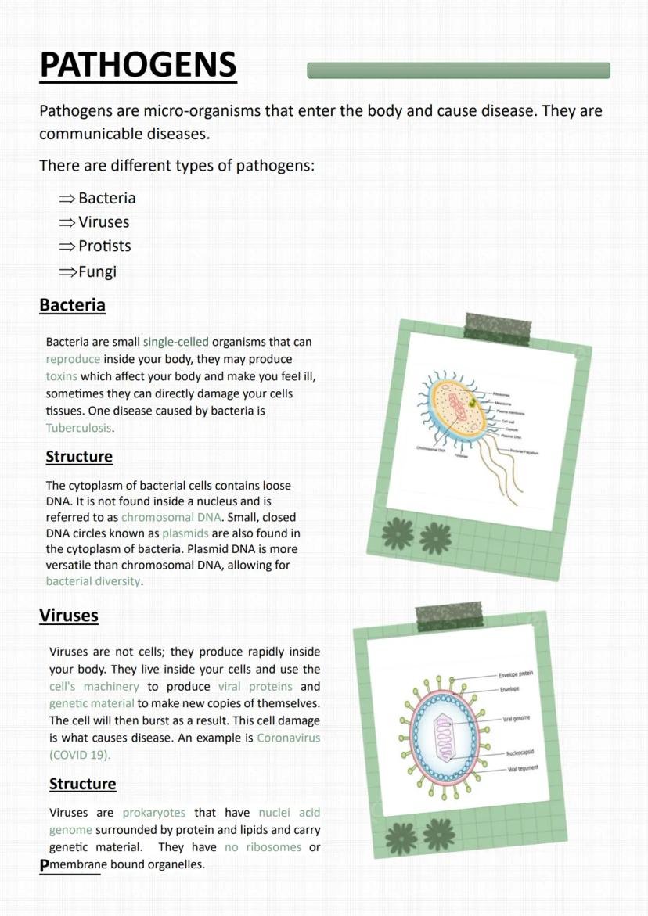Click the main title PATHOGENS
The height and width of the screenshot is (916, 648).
pos(138,65)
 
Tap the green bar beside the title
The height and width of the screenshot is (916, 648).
pos(458,70)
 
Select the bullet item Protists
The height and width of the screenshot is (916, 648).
pos(104,246)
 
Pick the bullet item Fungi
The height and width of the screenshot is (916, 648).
pos(97,271)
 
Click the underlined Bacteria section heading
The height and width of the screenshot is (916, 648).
pos(72,305)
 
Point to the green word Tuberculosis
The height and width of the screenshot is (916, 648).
pos(79,428)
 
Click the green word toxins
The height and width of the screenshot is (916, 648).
pos(62,376)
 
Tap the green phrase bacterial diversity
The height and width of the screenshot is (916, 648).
pos(94,581)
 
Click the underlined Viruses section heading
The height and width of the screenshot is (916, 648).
pos(69,616)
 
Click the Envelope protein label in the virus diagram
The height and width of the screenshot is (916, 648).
pos(516,674)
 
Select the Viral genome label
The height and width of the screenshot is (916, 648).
pos(517,718)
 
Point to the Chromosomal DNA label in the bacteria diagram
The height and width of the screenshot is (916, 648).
pos(431,450)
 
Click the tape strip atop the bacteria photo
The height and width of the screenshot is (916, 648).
pos(499,328)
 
